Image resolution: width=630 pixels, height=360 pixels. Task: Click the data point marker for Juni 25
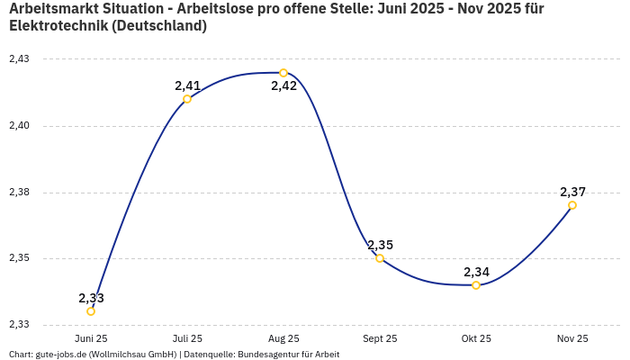coord(91,311)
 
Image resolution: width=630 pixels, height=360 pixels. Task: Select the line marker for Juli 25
coord(187,99)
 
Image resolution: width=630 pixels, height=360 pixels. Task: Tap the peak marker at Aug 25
coord(283,73)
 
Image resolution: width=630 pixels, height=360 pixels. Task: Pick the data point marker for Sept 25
coord(380,258)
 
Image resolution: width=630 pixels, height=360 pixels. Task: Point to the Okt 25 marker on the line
coord(476,285)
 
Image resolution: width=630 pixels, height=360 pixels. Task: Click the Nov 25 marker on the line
coord(572,205)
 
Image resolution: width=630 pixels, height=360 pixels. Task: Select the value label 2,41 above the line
coord(187,85)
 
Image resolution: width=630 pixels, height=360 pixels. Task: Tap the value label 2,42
coord(283,86)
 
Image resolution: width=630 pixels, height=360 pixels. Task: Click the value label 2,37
coord(572,192)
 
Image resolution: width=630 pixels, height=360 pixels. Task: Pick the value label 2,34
coord(476,272)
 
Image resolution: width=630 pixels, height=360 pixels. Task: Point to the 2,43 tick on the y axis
coord(19,59)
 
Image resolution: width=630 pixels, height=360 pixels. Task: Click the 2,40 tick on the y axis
coord(19,126)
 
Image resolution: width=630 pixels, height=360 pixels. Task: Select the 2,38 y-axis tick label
coord(19,193)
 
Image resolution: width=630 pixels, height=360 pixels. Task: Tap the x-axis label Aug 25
coord(283,339)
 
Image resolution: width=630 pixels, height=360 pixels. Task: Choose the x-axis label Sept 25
coord(380,339)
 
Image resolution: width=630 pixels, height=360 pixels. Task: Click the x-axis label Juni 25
coord(91,339)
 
